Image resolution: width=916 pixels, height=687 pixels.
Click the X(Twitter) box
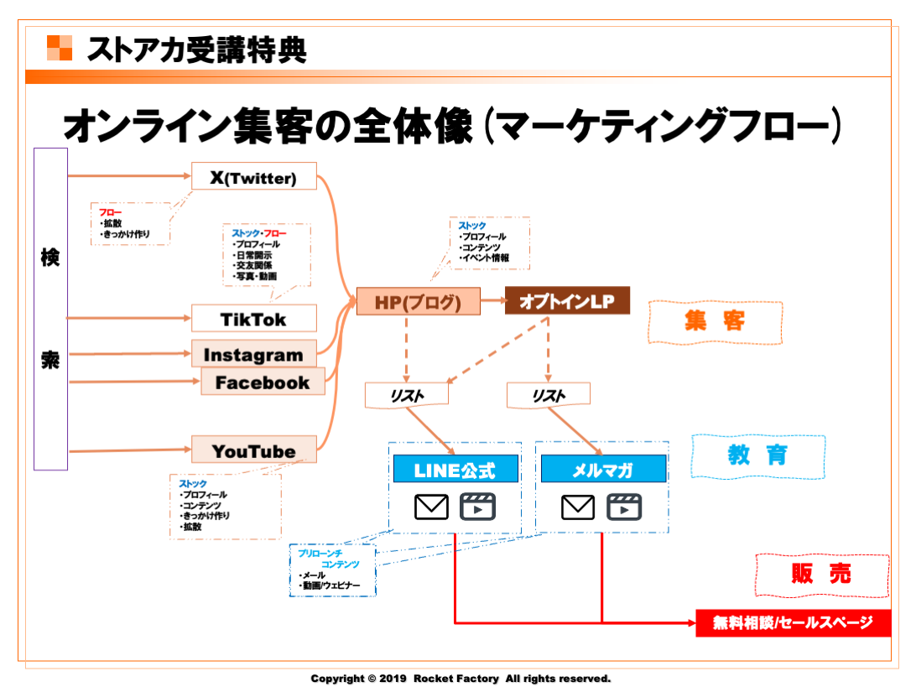click(254, 177)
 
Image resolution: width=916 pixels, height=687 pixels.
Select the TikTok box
click(254, 319)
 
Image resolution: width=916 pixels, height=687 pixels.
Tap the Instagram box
click(253, 355)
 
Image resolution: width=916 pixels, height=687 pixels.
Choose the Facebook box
click(263, 383)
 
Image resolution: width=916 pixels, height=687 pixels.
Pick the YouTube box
click(253, 451)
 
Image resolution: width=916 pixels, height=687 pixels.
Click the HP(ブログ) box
click(418, 302)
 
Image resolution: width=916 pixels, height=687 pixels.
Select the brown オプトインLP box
click(567, 301)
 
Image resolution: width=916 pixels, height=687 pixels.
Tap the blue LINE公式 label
click(455, 470)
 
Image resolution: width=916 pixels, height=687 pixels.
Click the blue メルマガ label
click(603, 470)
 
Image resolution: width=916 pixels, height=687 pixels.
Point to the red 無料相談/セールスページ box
click(793, 622)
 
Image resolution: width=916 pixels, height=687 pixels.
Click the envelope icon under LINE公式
click(432, 507)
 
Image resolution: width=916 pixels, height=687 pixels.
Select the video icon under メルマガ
click(624, 507)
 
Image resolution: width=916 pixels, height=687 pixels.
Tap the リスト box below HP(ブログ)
click(407, 395)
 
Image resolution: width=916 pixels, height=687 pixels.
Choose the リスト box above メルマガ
click(549, 395)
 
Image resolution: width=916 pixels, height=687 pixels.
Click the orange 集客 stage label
click(715, 322)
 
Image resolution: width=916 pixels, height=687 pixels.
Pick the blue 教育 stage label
click(757, 455)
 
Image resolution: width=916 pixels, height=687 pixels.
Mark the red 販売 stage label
click(821, 574)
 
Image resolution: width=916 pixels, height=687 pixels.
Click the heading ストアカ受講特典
click(197, 50)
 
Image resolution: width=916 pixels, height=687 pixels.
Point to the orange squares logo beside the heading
click(60, 48)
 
